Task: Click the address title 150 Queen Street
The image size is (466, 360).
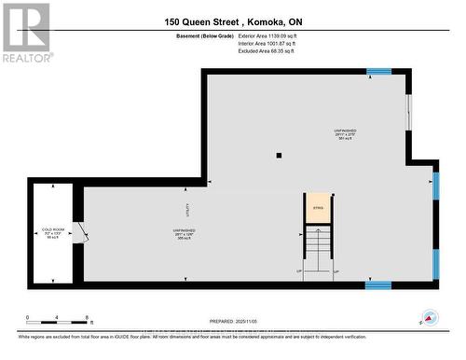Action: click(x=233, y=21)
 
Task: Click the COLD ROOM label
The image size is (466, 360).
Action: click(x=52, y=228)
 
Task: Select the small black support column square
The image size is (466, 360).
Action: click(x=278, y=156)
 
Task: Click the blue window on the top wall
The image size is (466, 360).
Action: click(x=377, y=72)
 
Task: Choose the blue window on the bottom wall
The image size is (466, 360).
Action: click(x=377, y=284)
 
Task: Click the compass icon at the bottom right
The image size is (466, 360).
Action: click(x=429, y=317)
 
